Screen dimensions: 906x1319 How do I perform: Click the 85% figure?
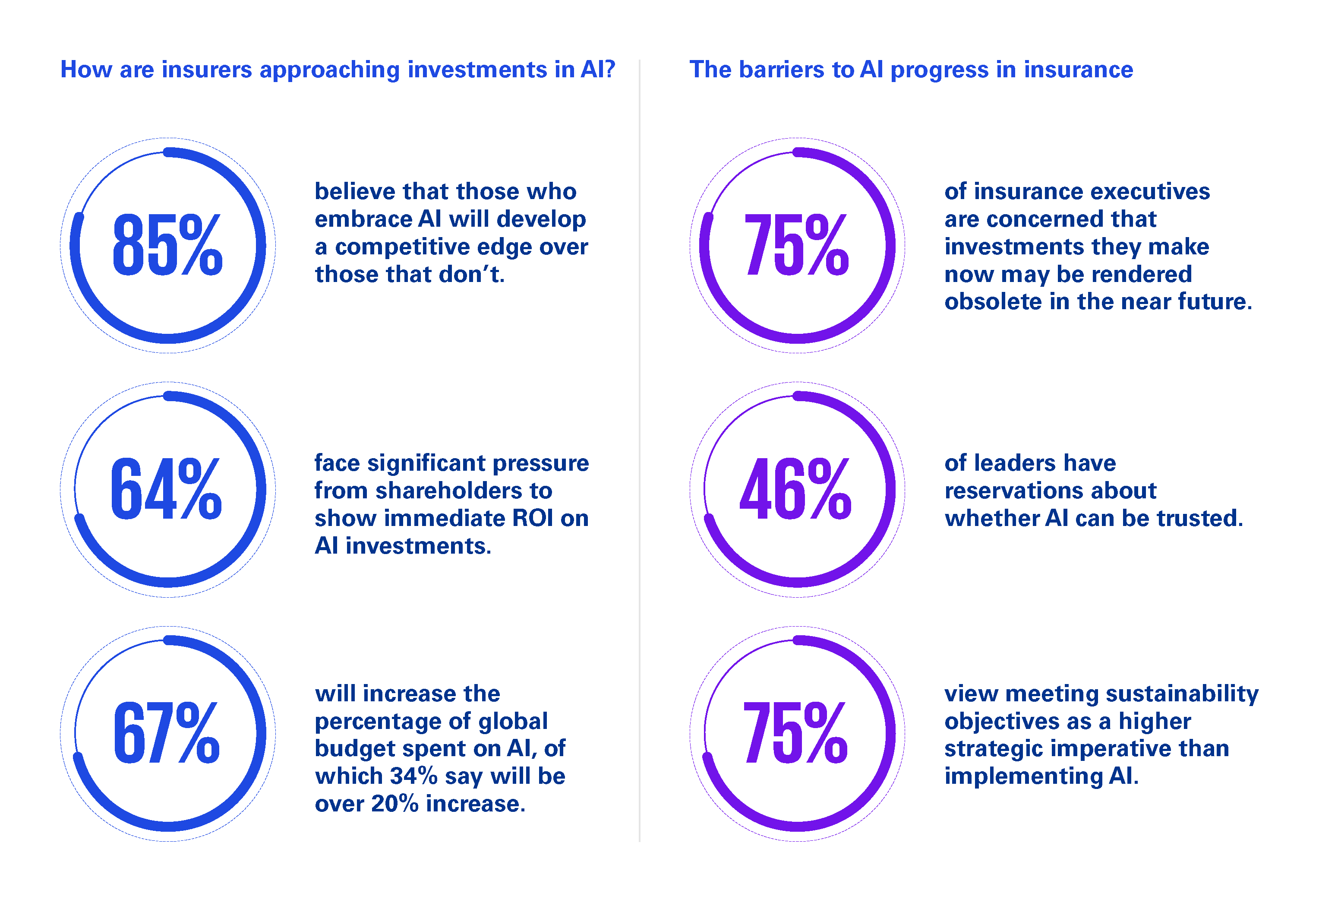point(167,245)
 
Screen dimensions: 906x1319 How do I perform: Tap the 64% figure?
point(166,489)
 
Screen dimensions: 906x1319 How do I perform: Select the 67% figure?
point(166,733)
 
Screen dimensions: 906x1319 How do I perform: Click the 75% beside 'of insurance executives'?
point(796,245)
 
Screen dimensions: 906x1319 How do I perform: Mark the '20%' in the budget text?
point(395,804)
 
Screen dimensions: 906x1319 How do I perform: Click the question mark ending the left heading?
point(609,70)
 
